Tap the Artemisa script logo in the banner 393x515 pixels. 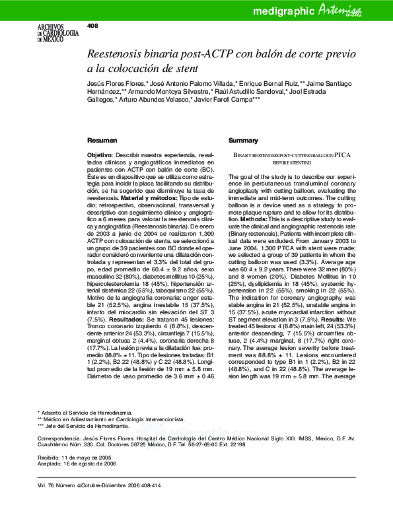coord(357,10)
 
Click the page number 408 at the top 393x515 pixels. coord(92,26)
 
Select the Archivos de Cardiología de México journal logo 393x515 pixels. coord(52,32)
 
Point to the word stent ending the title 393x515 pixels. coord(185,68)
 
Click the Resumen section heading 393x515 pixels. coord(102,141)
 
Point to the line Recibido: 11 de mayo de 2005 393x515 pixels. coord(75,457)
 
